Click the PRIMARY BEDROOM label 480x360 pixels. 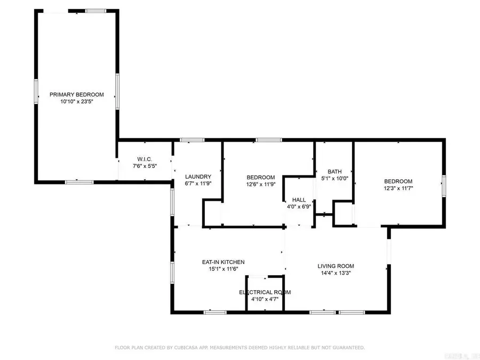click(x=77, y=94)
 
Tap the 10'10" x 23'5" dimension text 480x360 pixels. click(x=77, y=101)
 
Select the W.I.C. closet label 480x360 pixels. click(x=145, y=159)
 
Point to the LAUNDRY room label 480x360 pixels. click(x=198, y=177)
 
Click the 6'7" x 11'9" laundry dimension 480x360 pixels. click(x=198, y=183)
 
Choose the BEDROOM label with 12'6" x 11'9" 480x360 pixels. click(x=260, y=178)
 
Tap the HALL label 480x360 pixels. click(x=299, y=200)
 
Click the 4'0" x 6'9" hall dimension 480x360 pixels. click(x=299, y=206)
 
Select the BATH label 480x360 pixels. click(x=334, y=172)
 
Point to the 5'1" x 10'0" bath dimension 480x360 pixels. click(x=334, y=179)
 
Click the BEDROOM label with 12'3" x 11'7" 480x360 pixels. click(x=398, y=181)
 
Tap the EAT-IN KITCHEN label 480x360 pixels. click(x=223, y=262)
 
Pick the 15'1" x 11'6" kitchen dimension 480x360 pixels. click(x=223, y=269)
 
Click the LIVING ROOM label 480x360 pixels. click(x=336, y=266)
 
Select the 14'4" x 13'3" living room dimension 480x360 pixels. click(x=336, y=273)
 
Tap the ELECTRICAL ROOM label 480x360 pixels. click(x=265, y=292)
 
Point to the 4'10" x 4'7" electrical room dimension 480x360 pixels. click(x=265, y=299)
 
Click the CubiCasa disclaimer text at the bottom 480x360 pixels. click(x=240, y=348)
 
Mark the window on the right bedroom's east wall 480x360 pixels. click(x=443, y=187)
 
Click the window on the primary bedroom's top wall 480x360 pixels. click(x=95, y=11)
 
